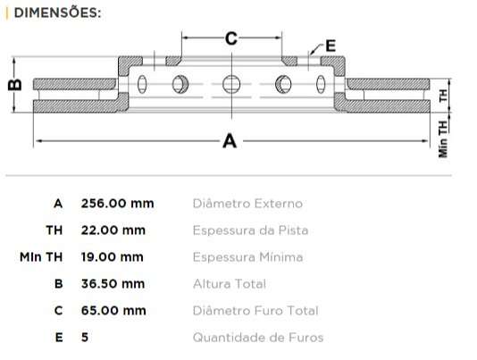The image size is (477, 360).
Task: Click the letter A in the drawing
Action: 230,141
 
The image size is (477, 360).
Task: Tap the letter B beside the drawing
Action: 13,85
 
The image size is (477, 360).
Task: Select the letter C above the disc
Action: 230,38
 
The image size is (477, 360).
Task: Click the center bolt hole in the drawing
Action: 231,85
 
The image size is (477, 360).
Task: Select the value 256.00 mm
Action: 117,204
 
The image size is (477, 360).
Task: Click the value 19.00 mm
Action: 112,257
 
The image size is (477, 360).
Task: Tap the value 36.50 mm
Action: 113,284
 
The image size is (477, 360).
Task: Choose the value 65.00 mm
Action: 113,311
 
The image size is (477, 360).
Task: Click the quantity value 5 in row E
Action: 85,338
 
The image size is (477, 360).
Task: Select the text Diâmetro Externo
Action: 247,204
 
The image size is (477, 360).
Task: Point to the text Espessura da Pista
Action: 250,230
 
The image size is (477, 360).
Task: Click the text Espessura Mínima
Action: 247,257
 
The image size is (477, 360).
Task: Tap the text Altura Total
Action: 229,284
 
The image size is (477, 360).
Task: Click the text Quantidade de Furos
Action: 257,338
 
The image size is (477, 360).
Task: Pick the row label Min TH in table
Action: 41,257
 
